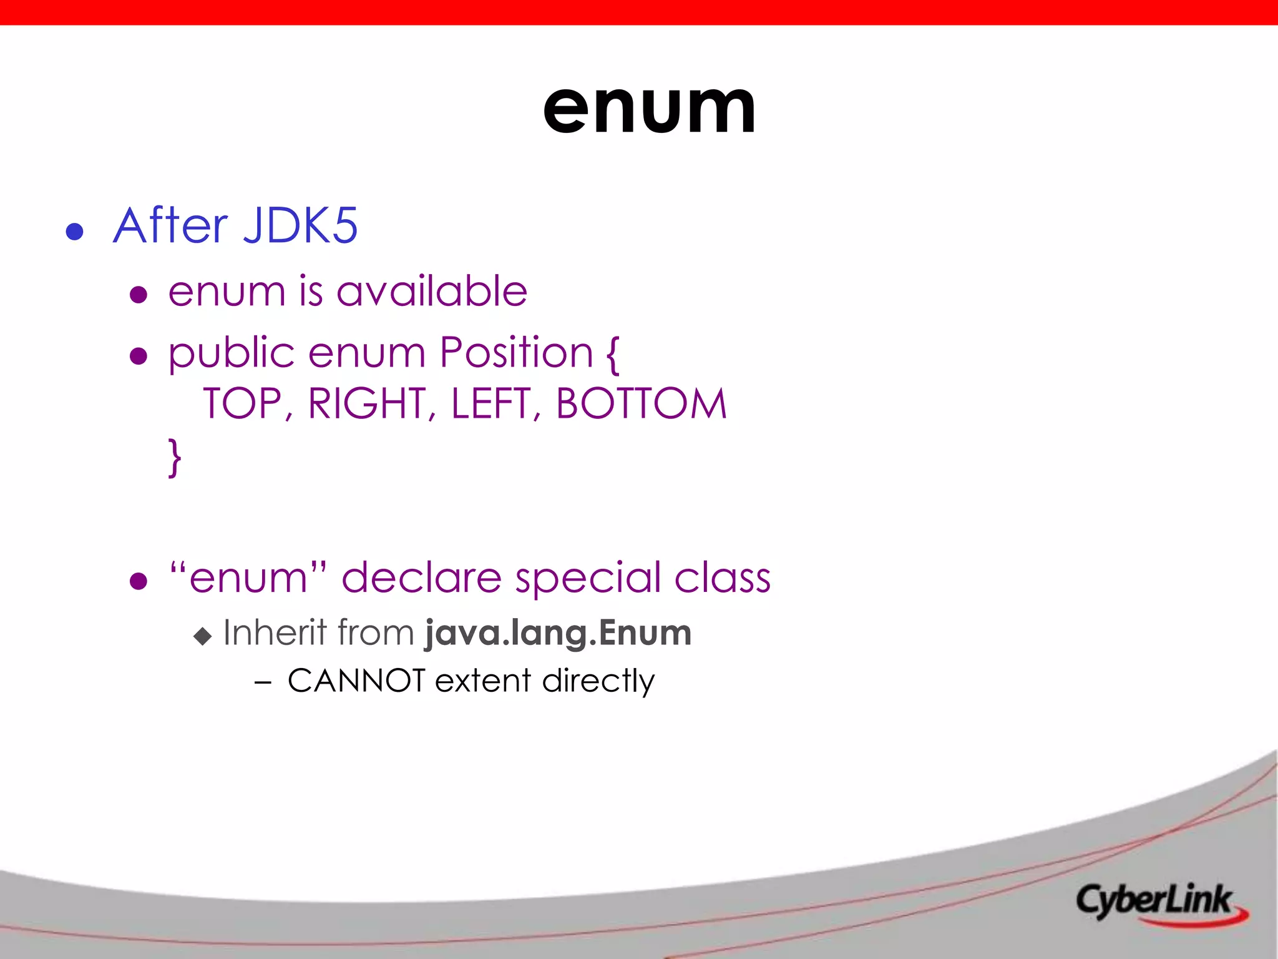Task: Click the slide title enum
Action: point(649,110)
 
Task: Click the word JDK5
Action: point(300,225)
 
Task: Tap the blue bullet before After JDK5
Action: point(75,232)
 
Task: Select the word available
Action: point(432,291)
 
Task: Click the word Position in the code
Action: point(516,353)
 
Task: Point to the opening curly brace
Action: point(613,355)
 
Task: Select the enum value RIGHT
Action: point(367,403)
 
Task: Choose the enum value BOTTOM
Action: point(641,403)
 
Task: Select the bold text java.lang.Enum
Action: point(558,633)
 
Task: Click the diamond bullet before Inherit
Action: point(203,636)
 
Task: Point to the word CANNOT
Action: point(356,681)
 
